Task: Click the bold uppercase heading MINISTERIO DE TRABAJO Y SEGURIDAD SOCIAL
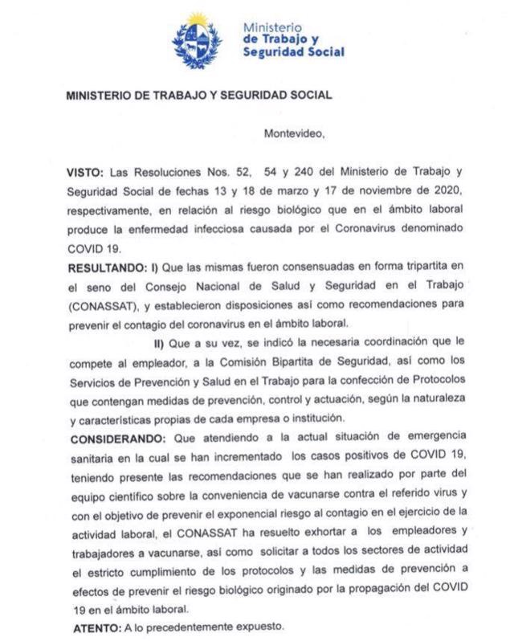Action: [198, 95]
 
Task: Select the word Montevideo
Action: [294, 134]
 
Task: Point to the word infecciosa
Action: [209, 230]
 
